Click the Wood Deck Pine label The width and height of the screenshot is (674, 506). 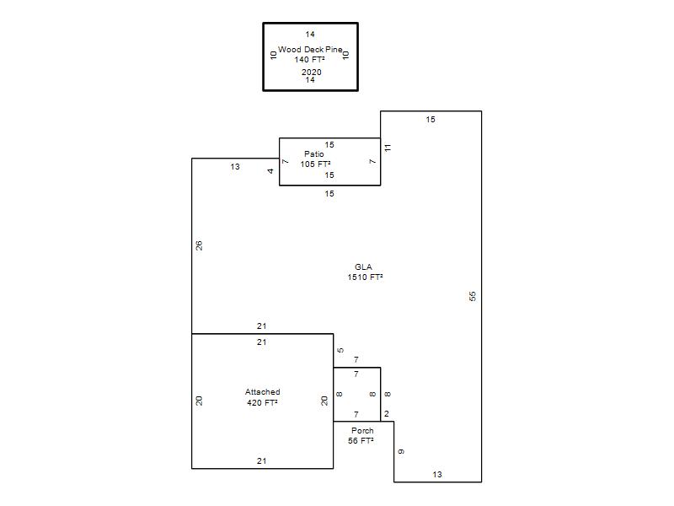click(310, 50)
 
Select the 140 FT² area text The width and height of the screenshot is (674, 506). click(309, 60)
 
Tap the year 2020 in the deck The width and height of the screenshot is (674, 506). click(311, 72)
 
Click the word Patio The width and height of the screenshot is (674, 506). click(313, 153)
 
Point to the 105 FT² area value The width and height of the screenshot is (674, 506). click(315, 164)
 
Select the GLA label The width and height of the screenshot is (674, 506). click(363, 266)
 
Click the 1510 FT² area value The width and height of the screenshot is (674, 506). click(365, 277)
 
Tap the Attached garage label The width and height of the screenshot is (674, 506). click(262, 392)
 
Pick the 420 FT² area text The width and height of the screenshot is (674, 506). click(262, 403)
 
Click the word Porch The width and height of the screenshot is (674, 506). click(362, 430)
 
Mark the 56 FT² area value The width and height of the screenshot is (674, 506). click(361, 440)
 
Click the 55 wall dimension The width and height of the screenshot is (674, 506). click(473, 296)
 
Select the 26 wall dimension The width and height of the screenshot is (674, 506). click(199, 245)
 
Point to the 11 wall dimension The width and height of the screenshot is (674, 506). click(388, 148)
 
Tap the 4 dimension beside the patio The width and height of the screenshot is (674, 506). click(270, 171)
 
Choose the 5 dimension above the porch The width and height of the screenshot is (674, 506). click(340, 350)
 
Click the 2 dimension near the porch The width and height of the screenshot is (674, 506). click(387, 414)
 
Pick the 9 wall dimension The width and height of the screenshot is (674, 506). click(401, 451)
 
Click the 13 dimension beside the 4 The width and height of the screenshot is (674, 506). click(235, 166)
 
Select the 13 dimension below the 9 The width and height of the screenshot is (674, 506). click(437, 474)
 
